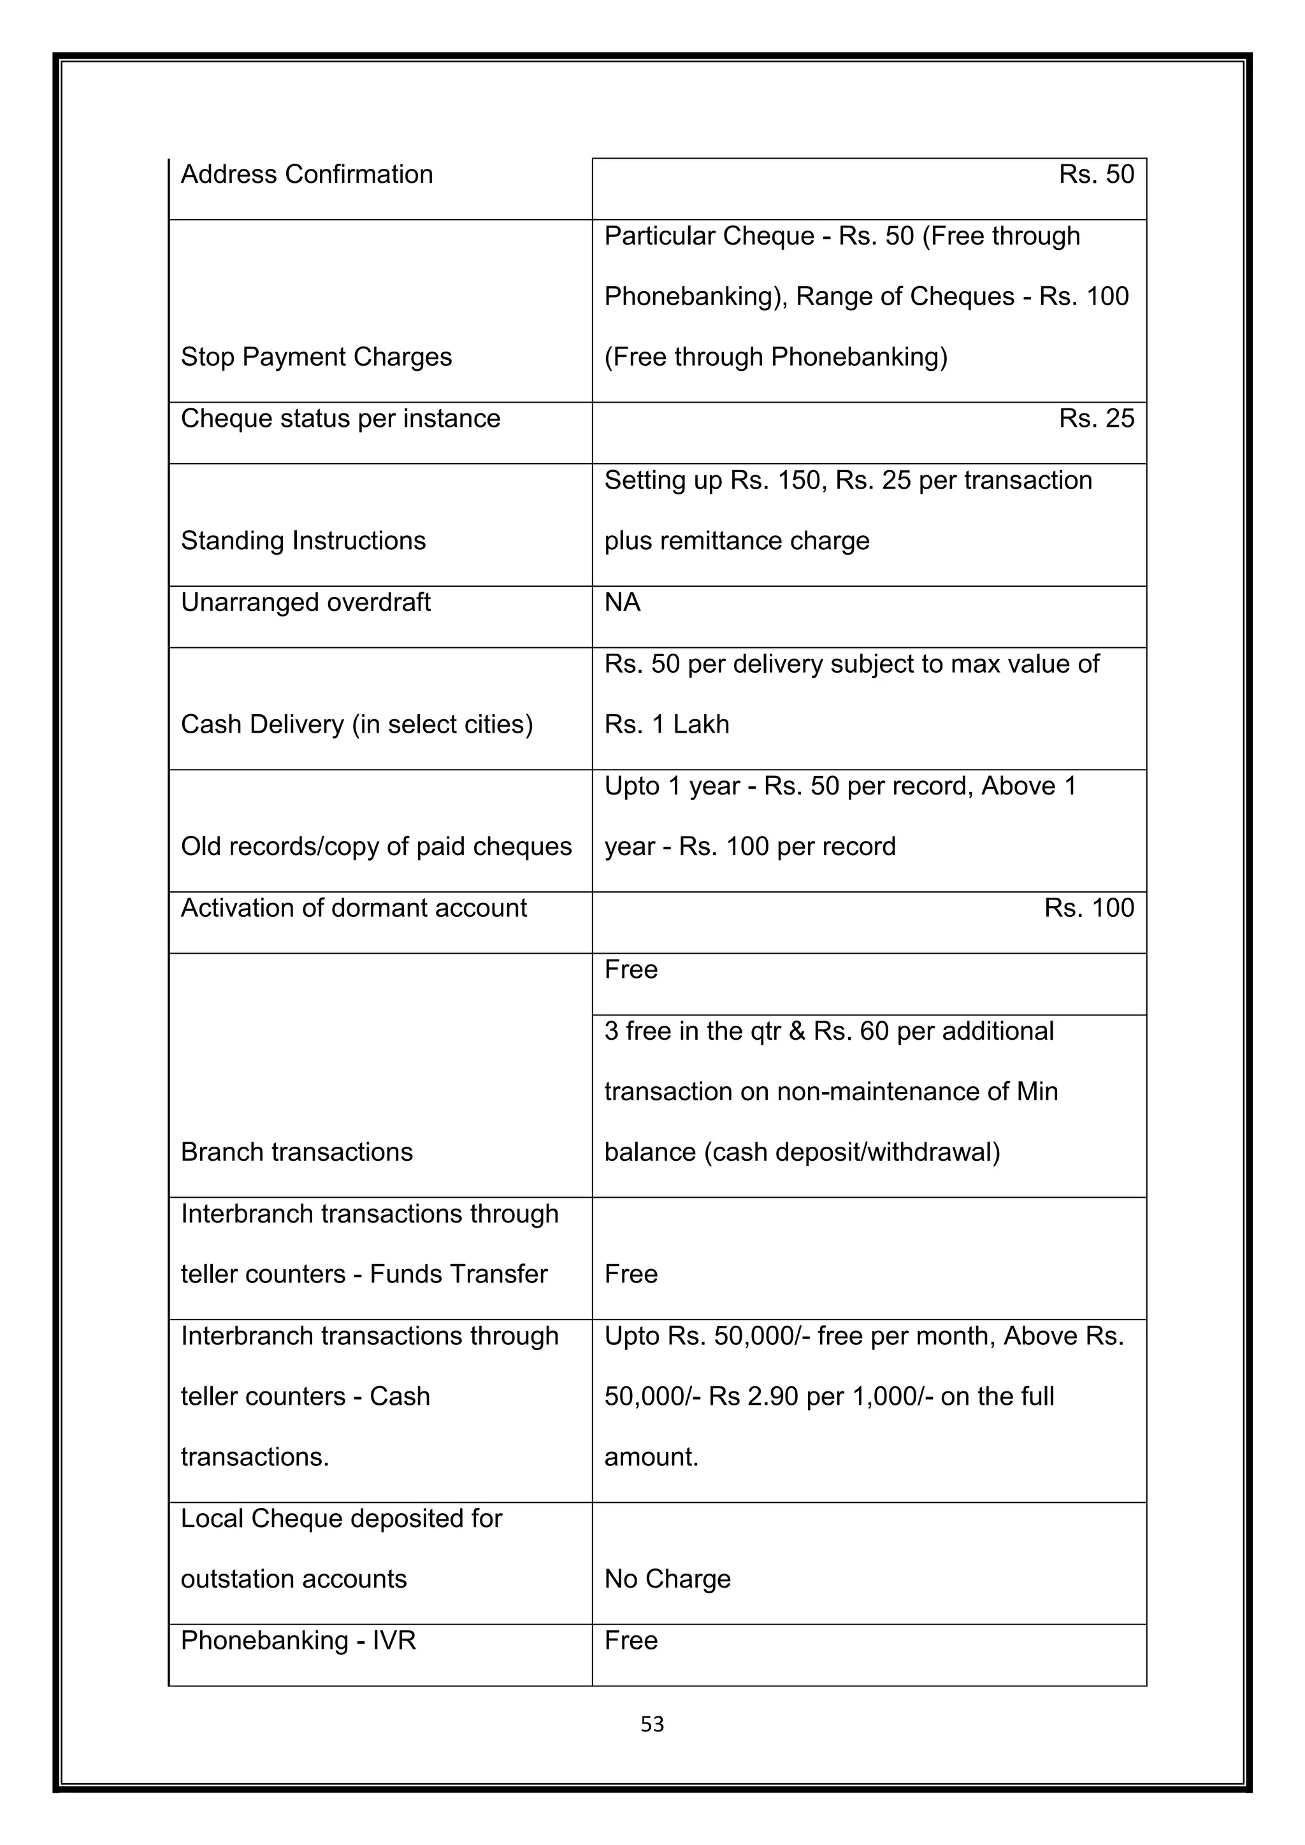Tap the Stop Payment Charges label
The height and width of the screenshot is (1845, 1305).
pyautogui.click(x=316, y=357)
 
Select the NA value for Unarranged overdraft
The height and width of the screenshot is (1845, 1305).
pyautogui.click(x=622, y=602)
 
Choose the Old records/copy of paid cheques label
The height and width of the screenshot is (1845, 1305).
pyautogui.click(x=375, y=846)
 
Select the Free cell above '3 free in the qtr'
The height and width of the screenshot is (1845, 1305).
pyautogui.click(x=631, y=970)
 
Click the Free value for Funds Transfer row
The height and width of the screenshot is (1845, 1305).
pyautogui.click(x=631, y=1274)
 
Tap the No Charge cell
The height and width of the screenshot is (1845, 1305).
pyautogui.click(x=667, y=1579)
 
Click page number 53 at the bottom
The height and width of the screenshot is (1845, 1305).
pyautogui.click(x=652, y=1724)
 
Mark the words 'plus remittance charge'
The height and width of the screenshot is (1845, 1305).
pyautogui.click(x=736, y=541)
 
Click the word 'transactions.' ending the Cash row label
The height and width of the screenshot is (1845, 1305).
pyautogui.click(x=255, y=1457)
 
